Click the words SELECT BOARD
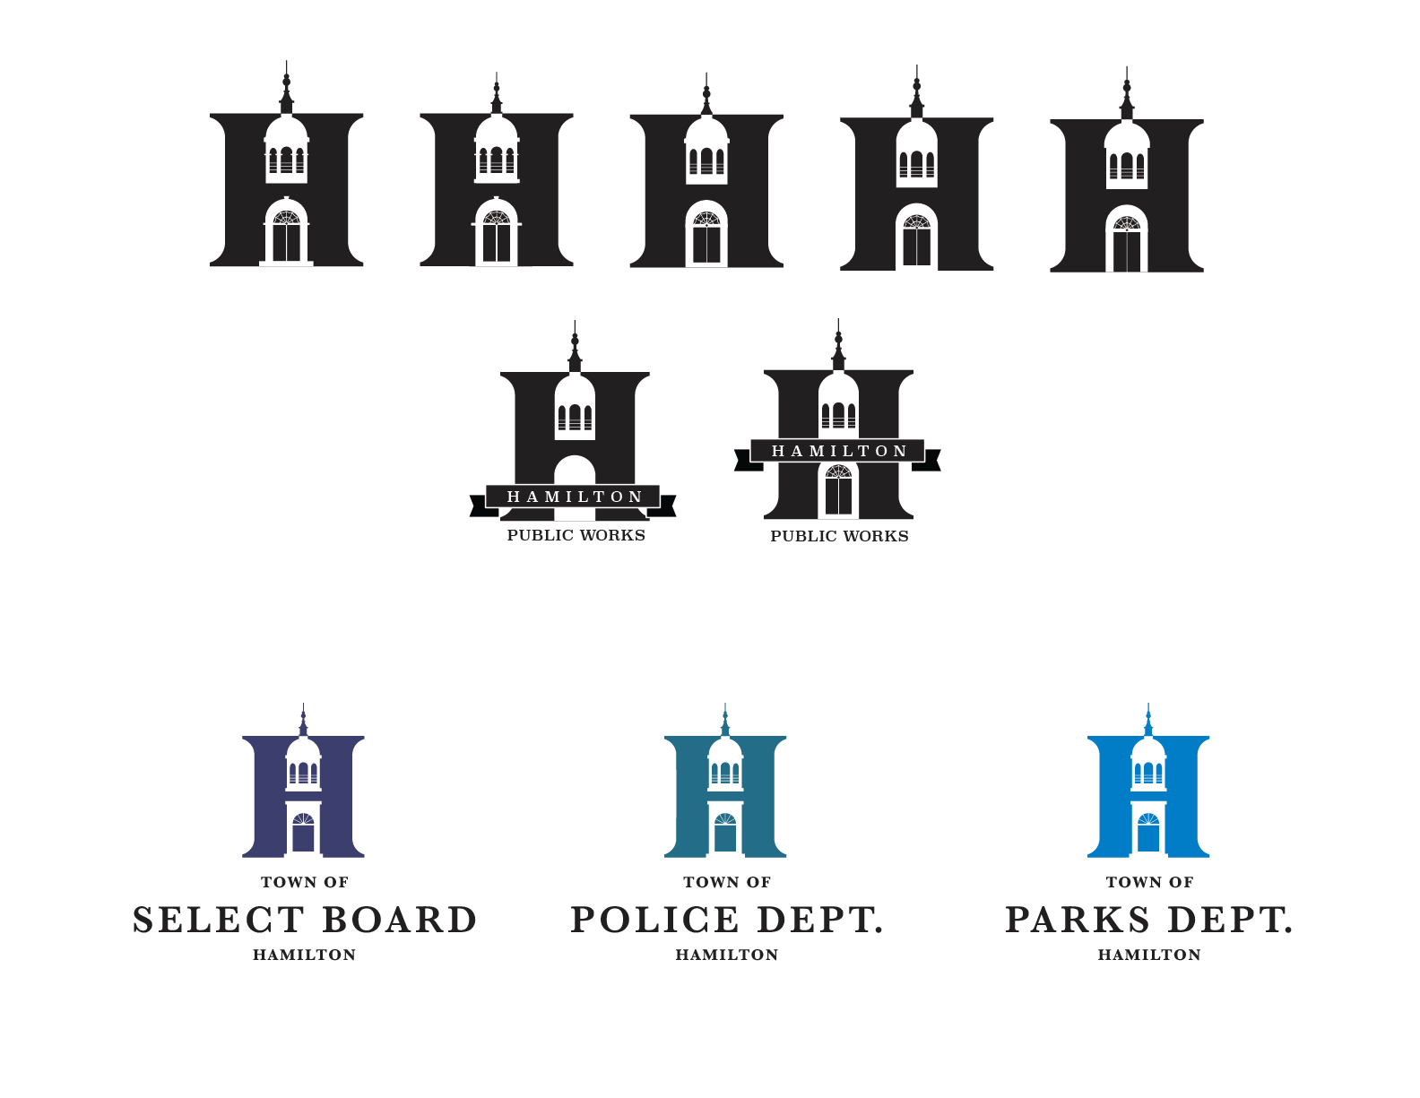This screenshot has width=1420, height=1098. click(305, 921)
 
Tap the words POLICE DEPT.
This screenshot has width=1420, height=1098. click(727, 921)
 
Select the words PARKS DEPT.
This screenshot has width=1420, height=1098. click(1149, 921)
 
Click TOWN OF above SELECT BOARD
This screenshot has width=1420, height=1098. click(305, 883)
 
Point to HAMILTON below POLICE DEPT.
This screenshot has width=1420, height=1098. click(727, 955)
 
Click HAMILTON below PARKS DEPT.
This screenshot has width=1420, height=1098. click(1149, 955)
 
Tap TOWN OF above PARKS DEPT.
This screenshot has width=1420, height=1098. click(1149, 883)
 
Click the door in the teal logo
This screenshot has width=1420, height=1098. click(725, 834)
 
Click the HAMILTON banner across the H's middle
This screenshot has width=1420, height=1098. click(839, 451)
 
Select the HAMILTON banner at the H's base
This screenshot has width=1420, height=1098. click(575, 497)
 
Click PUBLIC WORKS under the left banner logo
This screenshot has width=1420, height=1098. click(576, 536)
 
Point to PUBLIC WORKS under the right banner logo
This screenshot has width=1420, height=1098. click(839, 537)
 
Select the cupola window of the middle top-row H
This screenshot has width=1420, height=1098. click(706, 161)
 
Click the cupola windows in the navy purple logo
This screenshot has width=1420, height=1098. click(303, 773)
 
